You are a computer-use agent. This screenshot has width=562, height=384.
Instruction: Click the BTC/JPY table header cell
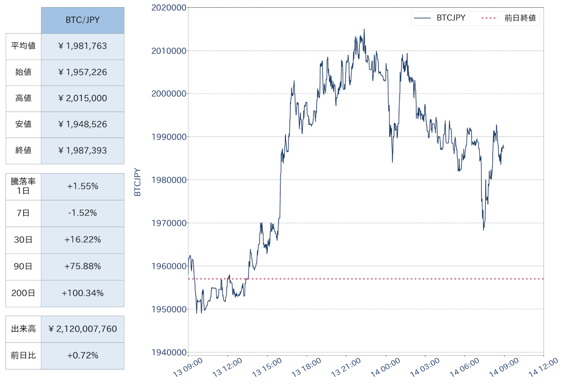coord(83,20)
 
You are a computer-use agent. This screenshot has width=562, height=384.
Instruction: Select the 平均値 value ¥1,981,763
coord(83,46)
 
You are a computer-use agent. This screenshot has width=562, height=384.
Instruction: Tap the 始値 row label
coord(24,72)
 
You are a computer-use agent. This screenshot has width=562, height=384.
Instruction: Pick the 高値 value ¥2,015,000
coord(83,98)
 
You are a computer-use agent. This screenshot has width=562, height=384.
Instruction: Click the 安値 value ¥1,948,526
coord(83,124)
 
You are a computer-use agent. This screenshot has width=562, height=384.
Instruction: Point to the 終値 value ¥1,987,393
coord(83,150)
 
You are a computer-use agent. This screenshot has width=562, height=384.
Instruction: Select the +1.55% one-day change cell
coord(83,186)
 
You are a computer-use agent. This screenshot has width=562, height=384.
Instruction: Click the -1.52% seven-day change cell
coord(83,213)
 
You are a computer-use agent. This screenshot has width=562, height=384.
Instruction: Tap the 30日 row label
coord(24,240)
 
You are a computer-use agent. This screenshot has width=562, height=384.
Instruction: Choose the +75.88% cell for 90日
coord(83,266)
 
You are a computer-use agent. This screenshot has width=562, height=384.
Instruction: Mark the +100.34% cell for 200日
coord(83,293)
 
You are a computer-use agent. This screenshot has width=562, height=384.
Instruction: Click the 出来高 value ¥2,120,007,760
coord(83,329)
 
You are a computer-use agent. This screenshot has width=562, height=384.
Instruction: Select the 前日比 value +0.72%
coord(83,356)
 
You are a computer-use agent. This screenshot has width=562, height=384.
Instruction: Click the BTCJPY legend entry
coord(439,18)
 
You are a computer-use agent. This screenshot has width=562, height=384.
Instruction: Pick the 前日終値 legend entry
coord(509,18)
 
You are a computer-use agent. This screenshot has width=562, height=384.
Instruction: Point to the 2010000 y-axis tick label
coord(169,51)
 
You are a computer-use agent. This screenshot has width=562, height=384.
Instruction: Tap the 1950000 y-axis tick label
coord(169,309)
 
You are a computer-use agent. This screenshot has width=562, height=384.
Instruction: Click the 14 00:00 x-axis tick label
coord(386,368)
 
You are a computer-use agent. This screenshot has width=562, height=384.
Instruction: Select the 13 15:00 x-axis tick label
coord(267,368)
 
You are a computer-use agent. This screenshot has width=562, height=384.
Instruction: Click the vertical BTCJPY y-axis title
coord(137,182)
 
